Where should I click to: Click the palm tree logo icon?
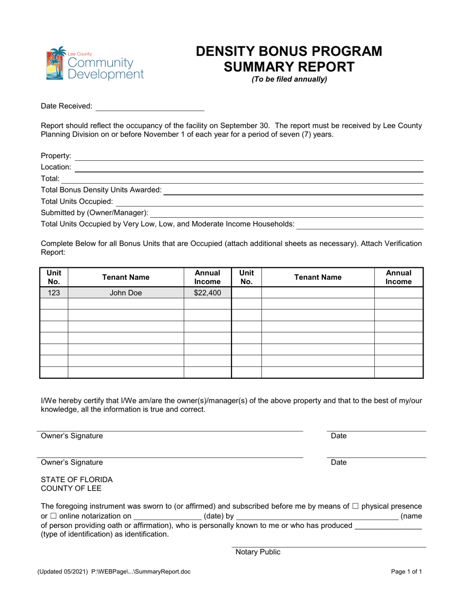pos(56,63)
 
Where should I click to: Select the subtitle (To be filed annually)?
pos(289,79)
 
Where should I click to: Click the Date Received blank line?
pos(150,106)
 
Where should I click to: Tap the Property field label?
pos(56,156)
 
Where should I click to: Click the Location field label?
pos(56,167)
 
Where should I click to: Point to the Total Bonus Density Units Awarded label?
pos(101,190)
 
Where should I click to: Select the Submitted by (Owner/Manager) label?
pos(95,213)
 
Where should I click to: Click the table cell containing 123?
pos(54,293)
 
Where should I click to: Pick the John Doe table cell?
pos(126,293)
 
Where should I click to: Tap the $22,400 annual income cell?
pos(208,293)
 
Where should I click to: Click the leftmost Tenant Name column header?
pos(126,277)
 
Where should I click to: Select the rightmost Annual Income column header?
pos(399,277)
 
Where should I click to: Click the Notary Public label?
pos(258,552)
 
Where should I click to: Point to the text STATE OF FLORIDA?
pos(77,479)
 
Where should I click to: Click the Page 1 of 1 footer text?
pos(407,572)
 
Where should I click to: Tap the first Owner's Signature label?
pos(72,436)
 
